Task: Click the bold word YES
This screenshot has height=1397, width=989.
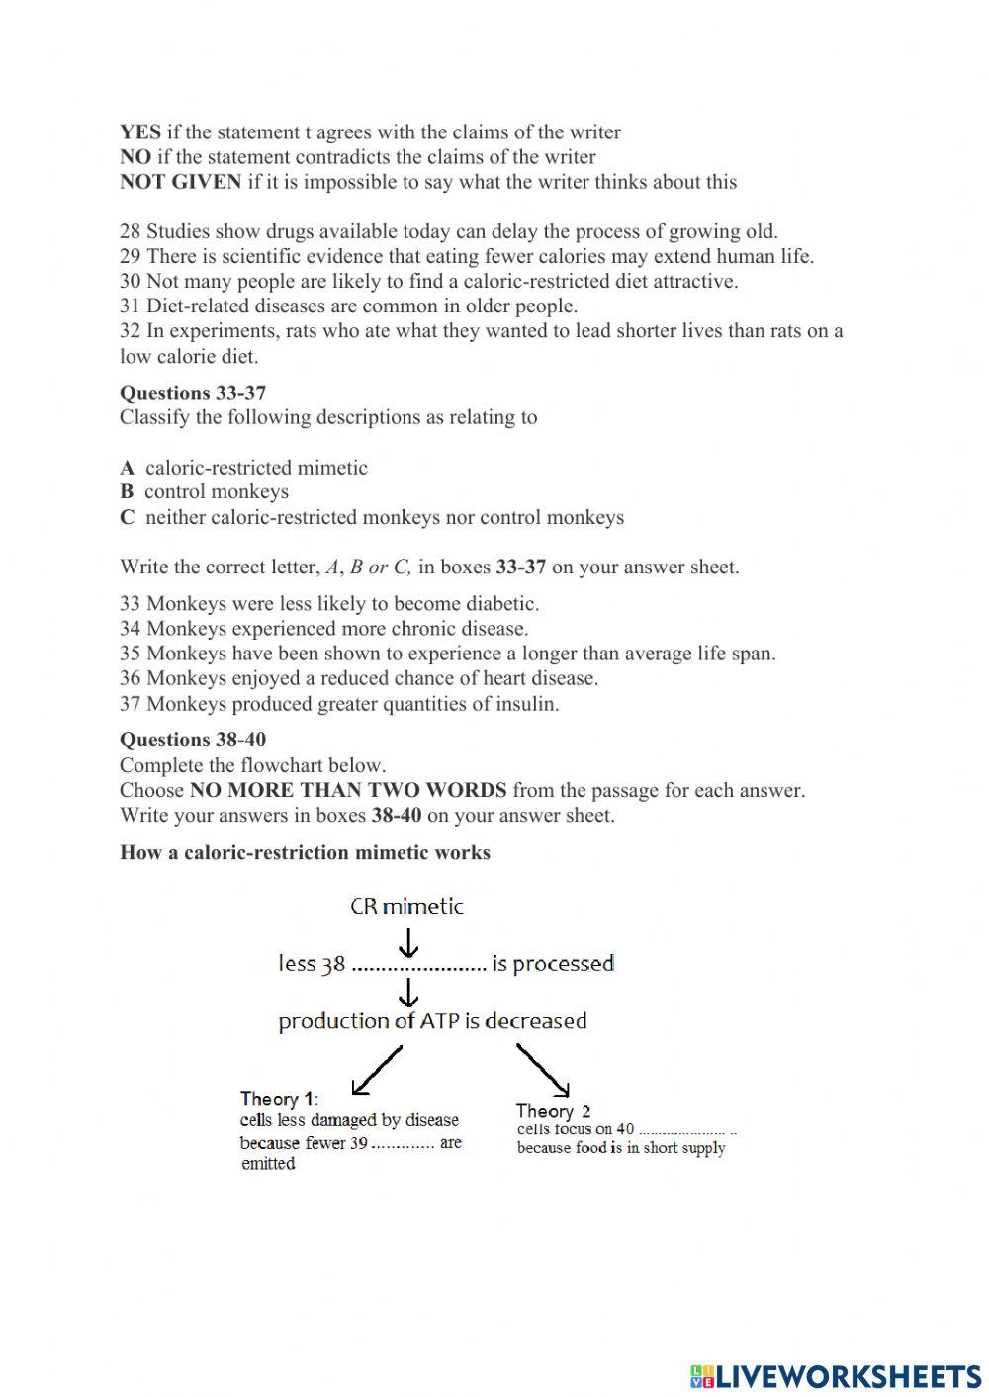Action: (x=139, y=132)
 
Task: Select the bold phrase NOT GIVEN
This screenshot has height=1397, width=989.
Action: (x=180, y=182)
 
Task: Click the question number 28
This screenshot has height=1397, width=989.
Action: (x=131, y=232)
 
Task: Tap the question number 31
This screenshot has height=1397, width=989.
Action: (x=131, y=306)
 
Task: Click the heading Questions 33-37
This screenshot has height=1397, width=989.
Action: (x=193, y=393)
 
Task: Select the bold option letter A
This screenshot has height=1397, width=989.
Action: (x=127, y=468)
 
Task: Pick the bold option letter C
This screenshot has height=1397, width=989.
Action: (x=127, y=517)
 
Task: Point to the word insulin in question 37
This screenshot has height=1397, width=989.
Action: (x=526, y=704)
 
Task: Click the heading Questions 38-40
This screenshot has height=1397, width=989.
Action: (x=193, y=740)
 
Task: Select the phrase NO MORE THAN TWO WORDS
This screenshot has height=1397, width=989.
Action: (x=348, y=790)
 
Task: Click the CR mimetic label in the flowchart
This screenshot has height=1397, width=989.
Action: (x=406, y=906)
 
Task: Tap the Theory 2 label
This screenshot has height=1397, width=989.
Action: (x=553, y=1111)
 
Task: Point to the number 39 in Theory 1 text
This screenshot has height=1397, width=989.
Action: (x=358, y=1143)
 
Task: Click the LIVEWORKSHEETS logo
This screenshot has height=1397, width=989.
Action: (x=836, y=1375)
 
